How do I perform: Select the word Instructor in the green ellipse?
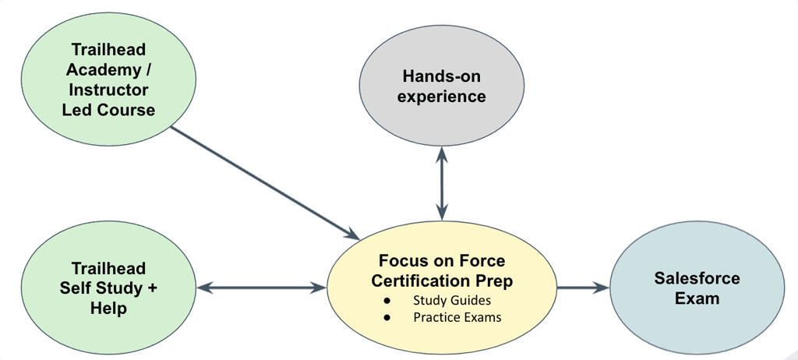108,90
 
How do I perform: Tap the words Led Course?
108,109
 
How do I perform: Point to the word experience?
443,97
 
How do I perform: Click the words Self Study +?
108,288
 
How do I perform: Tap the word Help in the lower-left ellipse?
108,309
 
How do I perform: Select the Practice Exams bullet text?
457,317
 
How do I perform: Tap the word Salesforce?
697,278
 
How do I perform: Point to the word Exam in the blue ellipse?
697,298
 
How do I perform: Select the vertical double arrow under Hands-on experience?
443,185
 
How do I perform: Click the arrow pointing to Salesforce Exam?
583,288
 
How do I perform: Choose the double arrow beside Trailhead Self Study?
261,288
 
